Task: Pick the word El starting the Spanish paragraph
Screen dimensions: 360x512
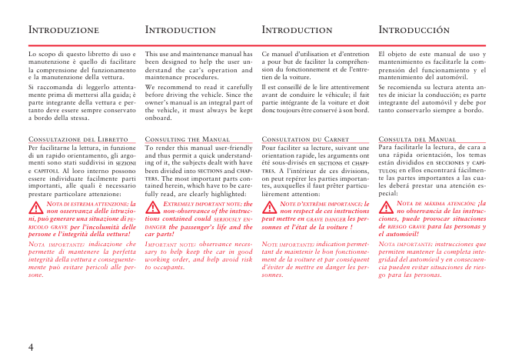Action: (384, 55)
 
